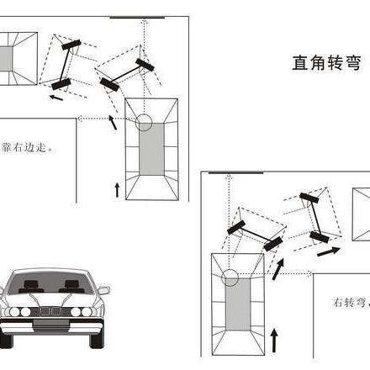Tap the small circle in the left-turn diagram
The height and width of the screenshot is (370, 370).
click(x=144, y=123)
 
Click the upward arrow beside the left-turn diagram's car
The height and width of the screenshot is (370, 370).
click(x=116, y=187)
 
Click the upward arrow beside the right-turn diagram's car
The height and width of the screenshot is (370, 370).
click(x=273, y=341)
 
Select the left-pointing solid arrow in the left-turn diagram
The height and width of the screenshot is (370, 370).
click(x=55, y=97)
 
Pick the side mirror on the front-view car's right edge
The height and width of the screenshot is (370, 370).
click(x=103, y=291)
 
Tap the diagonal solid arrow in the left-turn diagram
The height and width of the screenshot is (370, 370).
click(x=114, y=124)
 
